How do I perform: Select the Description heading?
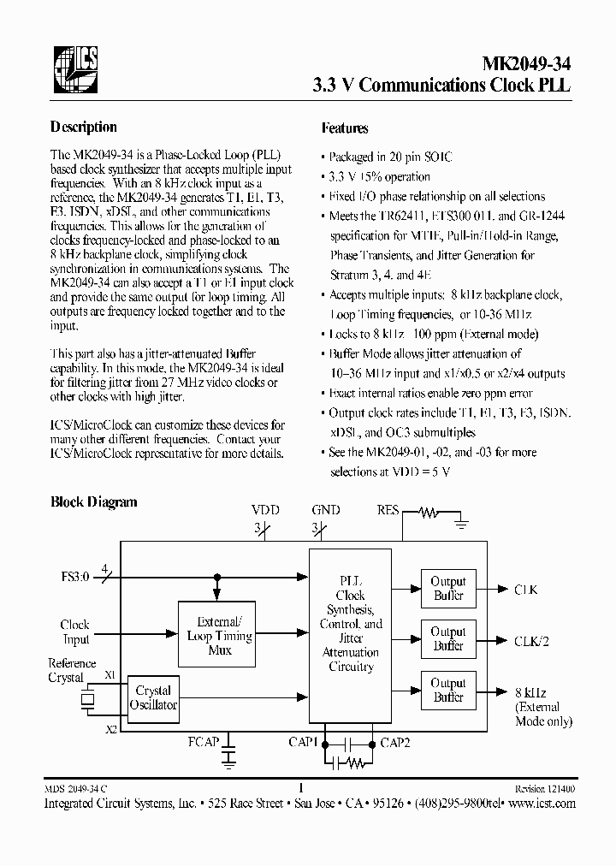pyautogui.click(x=84, y=128)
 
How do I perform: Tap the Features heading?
pyautogui.click(x=345, y=128)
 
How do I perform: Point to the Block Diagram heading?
pyautogui.click(x=94, y=502)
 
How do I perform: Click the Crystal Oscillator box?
pyautogui.click(x=153, y=697)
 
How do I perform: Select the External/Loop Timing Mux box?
pyautogui.click(x=219, y=636)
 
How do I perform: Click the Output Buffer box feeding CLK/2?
pyautogui.click(x=447, y=639)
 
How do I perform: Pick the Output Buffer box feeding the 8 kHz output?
pyautogui.click(x=447, y=691)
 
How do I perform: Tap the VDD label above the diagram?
pyautogui.click(x=266, y=510)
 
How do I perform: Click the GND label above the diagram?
pyautogui.click(x=325, y=510)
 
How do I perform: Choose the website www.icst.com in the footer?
pyautogui.click(x=543, y=804)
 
